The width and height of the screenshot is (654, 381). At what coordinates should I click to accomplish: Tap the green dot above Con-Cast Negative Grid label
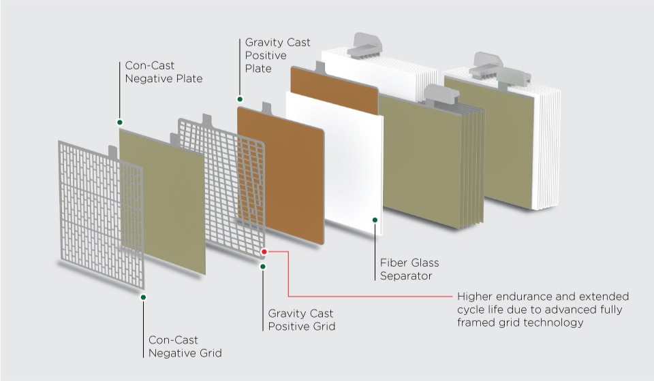pos(143,297)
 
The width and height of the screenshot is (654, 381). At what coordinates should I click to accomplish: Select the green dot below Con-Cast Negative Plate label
pos(120,122)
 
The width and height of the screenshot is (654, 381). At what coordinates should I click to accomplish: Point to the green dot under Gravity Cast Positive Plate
pos(240,99)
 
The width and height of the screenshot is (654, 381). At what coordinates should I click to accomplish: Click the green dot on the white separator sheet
pos(374,220)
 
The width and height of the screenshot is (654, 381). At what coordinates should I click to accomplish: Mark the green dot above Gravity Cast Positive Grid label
pos(263,266)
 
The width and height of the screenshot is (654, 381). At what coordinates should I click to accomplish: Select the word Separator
pos(406,276)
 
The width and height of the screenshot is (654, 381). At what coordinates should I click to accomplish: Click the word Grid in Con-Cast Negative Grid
pos(209,353)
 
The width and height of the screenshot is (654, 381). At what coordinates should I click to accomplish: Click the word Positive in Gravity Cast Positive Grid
pos(289,327)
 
